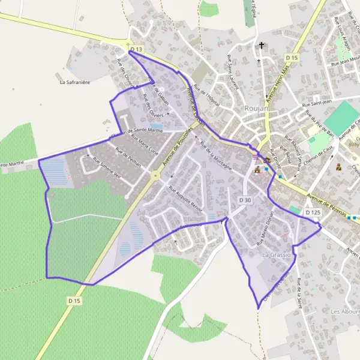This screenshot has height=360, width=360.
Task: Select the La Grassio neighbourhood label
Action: click(277, 255)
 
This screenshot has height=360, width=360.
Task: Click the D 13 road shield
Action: click(137, 49)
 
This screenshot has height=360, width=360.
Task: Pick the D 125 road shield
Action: click(312, 212)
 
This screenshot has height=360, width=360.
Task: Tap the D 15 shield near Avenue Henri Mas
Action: click(292, 58)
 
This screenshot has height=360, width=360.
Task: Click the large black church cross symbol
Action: click(261, 44)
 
